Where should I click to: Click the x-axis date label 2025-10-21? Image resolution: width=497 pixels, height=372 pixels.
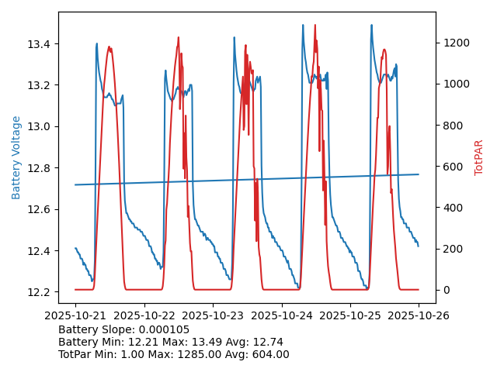pos(75,315)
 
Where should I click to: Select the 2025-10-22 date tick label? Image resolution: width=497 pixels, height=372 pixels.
pos(144,315)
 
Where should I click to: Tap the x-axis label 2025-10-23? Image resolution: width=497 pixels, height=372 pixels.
pos(213,315)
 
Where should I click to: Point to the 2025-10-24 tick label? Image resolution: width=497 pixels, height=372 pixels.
pos(281,315)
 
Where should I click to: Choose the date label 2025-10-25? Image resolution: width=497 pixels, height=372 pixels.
pos(350,315)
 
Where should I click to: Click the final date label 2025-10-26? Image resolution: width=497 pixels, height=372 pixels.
pos(419,315)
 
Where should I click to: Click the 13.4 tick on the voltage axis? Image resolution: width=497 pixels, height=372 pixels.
pos(39,43)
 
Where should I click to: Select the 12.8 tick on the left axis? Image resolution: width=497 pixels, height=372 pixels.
pos(39,168)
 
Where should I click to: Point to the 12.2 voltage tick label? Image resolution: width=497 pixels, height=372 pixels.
pos(39,292)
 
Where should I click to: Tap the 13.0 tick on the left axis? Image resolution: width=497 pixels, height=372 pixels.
pos(39,126)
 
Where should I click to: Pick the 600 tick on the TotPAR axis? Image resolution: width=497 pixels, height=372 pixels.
pos(451,167)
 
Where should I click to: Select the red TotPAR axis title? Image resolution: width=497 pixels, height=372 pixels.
pos(478,157)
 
